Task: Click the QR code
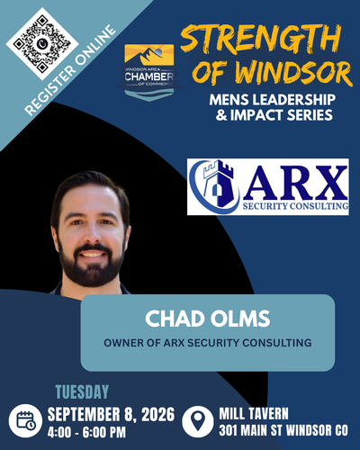[x=42, y=44]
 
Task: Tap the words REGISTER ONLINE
[x=70, y=71]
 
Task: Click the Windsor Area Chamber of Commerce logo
[x=149, y=72]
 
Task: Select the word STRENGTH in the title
[x=261, y=38]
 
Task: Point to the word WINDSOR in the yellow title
[x=292, y=73]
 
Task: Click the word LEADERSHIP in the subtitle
[x=293, y=100]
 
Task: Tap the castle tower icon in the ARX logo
[x=219, y=184]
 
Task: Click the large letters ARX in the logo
[x=295, y=183]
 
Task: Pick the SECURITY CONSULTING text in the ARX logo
[x=295, y=206]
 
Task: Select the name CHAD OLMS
[x=208, y=319]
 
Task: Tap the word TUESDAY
[x=82, y=392]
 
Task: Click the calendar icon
[x=25, y=420]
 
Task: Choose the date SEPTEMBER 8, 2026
[x=111, y=414]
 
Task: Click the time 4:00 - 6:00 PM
[x=86, y=432]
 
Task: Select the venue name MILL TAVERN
[x=254, y=414]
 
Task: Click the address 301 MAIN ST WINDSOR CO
[x=283, y=430]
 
